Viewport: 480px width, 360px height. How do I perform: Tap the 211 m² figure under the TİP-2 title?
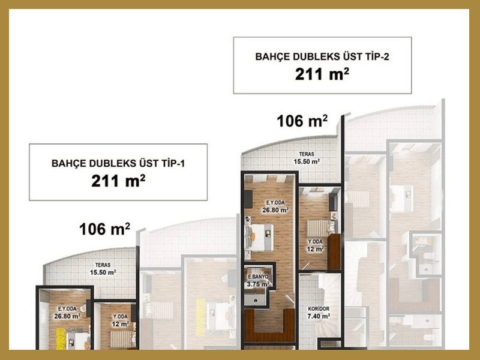pyautogui.click(x=322, y=74)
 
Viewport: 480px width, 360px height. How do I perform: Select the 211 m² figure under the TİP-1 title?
pyautogui.click(x=118, y=181)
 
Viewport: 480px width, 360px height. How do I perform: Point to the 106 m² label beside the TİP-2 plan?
pyautogui.click(x=302, y=121)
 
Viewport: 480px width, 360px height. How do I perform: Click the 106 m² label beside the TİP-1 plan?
pyautogui.click(x=104, y=229)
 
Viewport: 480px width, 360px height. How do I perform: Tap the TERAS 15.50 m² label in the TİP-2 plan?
pyautogui.click(x=307, y=158)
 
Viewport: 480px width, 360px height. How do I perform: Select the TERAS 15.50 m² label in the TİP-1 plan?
pyautogui.click(x=103, y=269)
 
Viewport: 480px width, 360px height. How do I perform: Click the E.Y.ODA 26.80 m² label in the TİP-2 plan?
pyautogui.click(x=275, y=206)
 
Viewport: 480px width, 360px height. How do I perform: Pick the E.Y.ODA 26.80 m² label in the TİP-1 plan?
pyautogui.click(x=67, y=313)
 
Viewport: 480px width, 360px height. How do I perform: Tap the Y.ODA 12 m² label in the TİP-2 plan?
pyautogui.click(x=316, y=245)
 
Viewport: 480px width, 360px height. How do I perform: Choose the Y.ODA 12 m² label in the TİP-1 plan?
pyautogui.click(x=120, y=320)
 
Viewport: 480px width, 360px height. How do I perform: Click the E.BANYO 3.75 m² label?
pyautogui.click(x=258, y=281)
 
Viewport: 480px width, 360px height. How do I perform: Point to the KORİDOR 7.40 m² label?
pyautogui.click(x=319, y=313)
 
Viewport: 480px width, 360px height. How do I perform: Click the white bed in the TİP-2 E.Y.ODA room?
pyautogui.click(x=260, y=238)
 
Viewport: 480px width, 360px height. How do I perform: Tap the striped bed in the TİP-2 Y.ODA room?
pyautogui.click(x=319, y=229)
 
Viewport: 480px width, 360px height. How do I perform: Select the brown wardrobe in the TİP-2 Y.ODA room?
pyautogui.click(x=334, y=252)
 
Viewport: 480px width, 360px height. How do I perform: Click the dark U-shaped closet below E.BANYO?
pyautogui.click(x=269, y=325)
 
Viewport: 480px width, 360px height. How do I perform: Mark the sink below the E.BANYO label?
pyautogui.click(x=256, y=299)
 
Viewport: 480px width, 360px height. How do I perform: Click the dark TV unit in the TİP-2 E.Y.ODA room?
pyautogui.click(x=248, y=199)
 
